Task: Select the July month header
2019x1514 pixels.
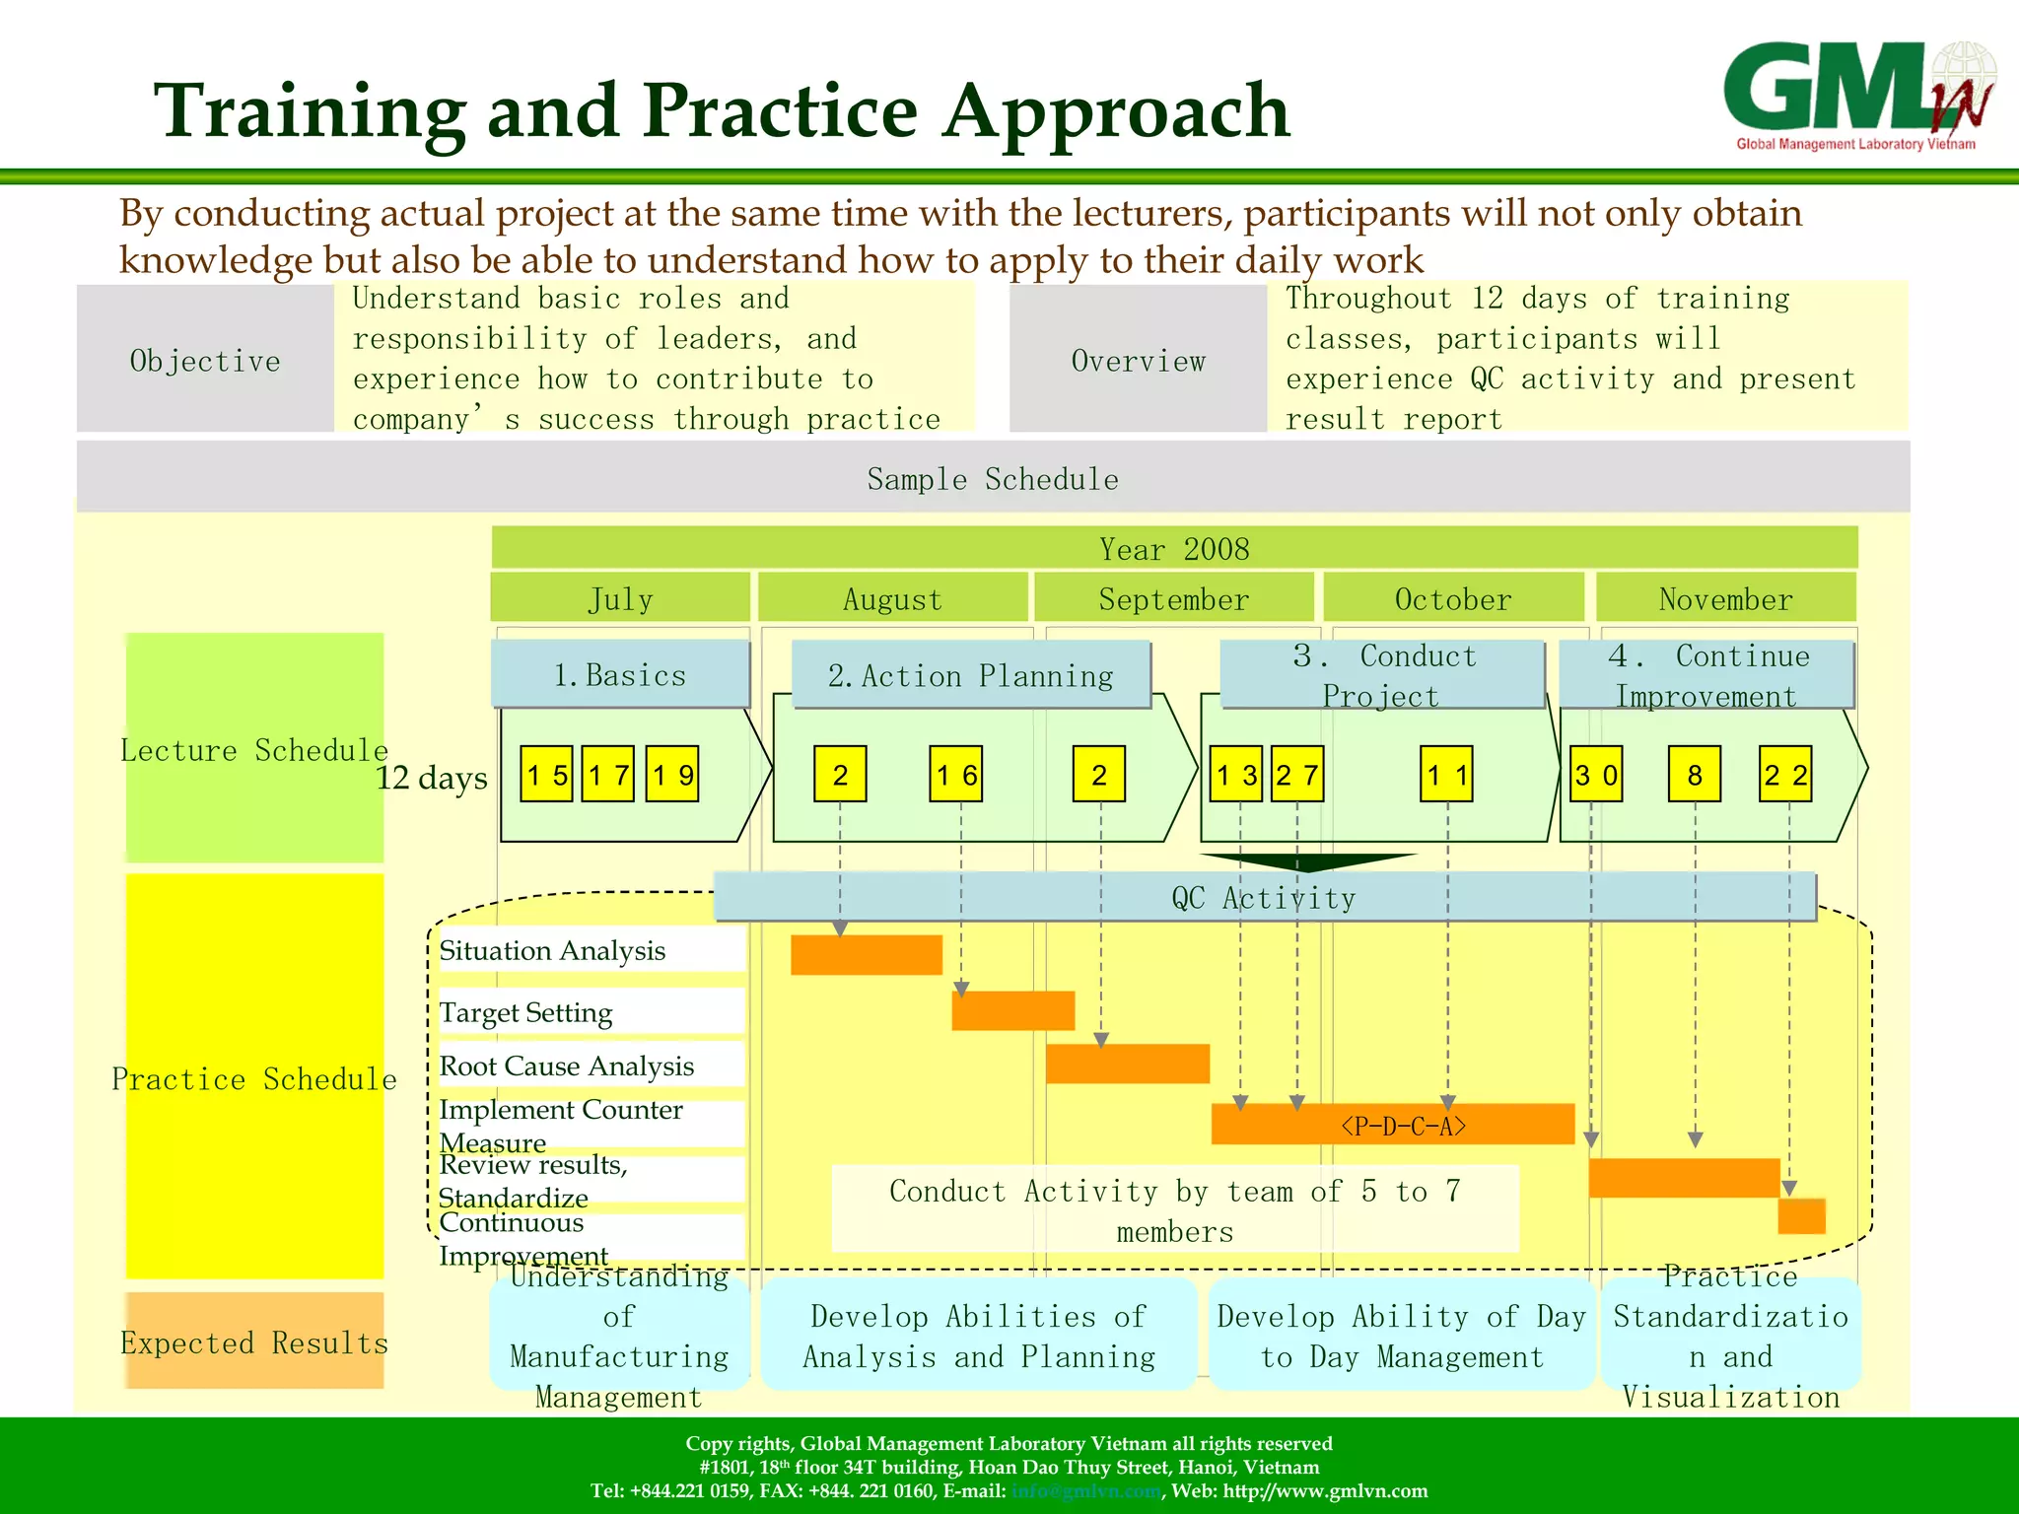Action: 620,598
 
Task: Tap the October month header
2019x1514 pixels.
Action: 1452,598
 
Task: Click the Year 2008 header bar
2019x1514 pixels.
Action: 1173,548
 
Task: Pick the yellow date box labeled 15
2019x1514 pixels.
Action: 546,775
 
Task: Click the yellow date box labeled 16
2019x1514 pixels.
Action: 956,775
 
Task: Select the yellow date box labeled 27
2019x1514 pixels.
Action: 1296,775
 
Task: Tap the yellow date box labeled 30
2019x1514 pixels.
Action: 1595,775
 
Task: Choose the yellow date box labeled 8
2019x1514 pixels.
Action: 1694,775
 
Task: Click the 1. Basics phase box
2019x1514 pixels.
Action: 620,674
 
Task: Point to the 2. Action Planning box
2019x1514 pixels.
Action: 971,675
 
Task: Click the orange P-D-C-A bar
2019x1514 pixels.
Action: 1392,1125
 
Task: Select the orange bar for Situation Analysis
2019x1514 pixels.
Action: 866,954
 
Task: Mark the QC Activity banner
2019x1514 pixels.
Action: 1264,897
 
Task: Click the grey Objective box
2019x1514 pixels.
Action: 205,360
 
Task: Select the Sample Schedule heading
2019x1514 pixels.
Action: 993,478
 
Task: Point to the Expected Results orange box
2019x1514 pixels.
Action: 254,1342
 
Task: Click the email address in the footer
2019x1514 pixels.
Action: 1085,1490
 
